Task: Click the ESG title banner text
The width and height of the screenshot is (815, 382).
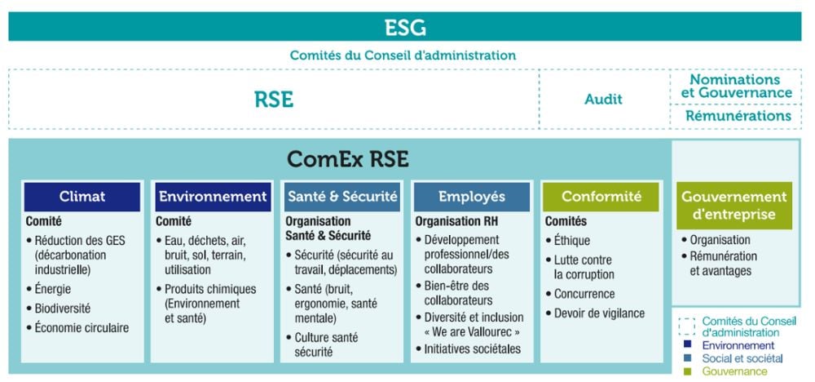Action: click(x=405, y=27)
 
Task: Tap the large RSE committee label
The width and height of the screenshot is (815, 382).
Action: click(x=274, y=100)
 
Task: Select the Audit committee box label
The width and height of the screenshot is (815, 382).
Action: click(x=603, y=99)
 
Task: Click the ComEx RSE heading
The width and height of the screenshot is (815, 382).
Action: click(x=348, y=159)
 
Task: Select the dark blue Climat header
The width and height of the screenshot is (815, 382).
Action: click(x=82, y=196)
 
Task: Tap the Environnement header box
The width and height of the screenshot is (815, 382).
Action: click(x=213, y=196)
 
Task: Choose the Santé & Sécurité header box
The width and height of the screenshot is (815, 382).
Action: click(x=342, y=196)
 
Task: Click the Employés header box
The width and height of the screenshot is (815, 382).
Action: click(x=471, y=196)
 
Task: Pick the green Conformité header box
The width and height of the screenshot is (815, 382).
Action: click(x=601, y=196)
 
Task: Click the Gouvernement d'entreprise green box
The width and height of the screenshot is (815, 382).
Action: click(x=734, y=206)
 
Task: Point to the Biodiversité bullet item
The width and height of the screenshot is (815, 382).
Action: click(x=59, y=308)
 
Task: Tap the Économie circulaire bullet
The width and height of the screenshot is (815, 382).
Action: click(x=77, y=328)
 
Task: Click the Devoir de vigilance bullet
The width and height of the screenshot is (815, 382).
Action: click(x=595, y=313)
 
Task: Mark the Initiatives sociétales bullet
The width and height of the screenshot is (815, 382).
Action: click(x=469, y=349)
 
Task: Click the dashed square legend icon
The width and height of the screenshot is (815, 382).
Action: click(x=687, y=326)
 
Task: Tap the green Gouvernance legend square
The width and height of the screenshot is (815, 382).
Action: click(x=688, y=371)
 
